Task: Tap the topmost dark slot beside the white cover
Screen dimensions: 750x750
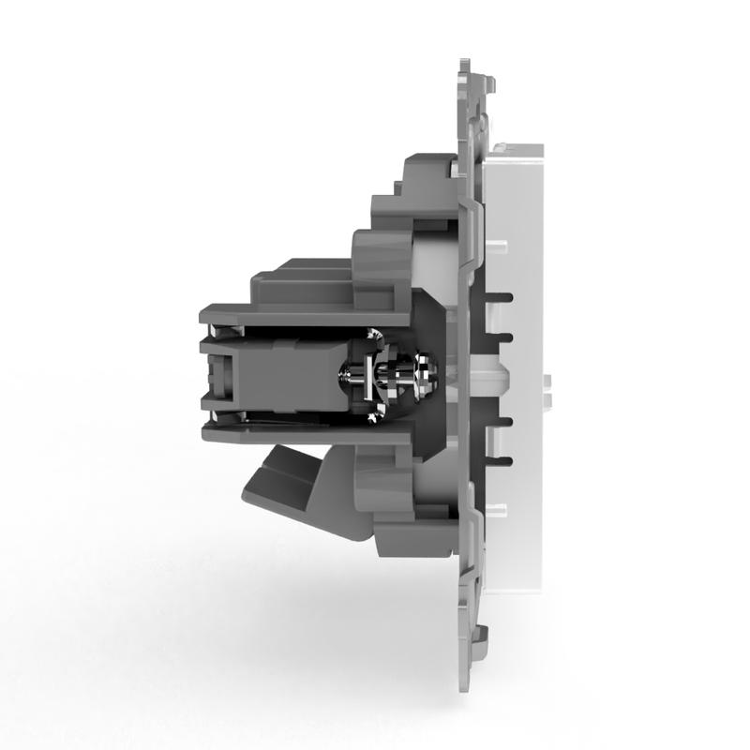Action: pyautogui.click(x=506, y=297)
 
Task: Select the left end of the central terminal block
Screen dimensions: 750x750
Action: pyautogui.click(x=213, y=375)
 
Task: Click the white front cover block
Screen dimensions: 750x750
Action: pyautogui.click(x=520, y=375)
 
